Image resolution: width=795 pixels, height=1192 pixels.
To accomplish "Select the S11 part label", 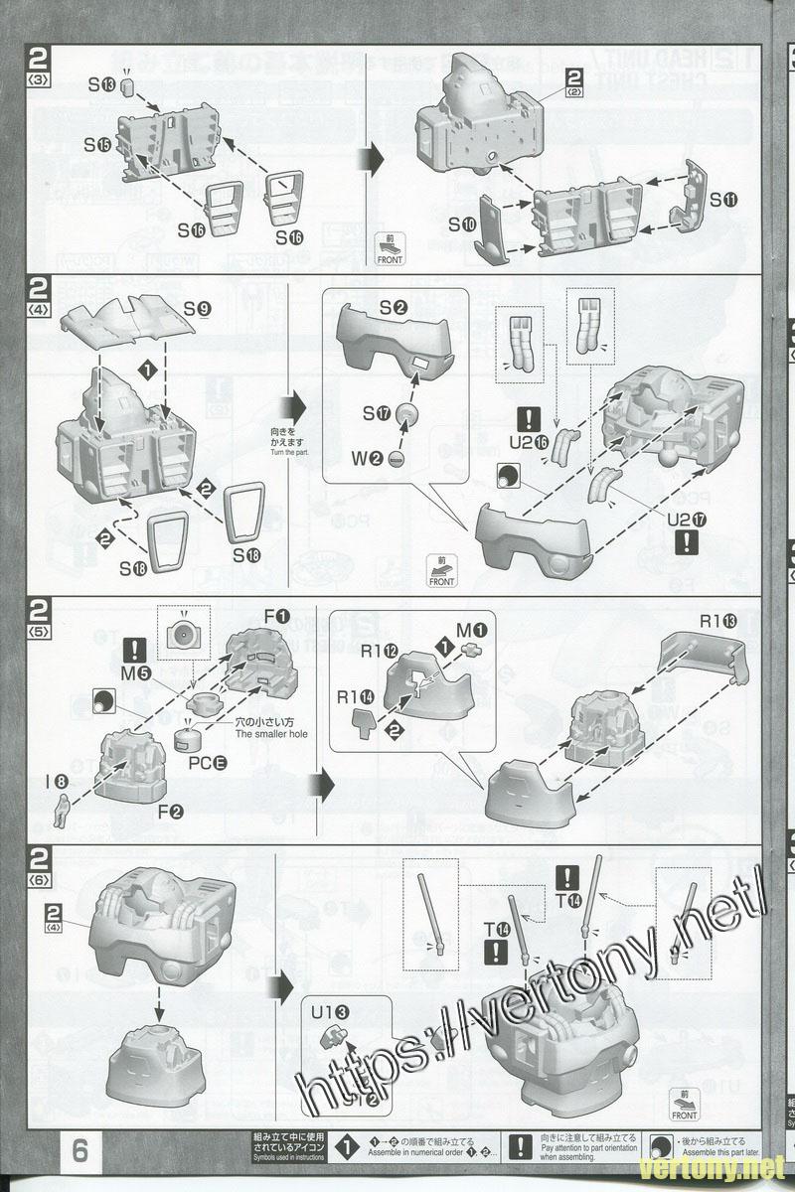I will click(x=723, y=199).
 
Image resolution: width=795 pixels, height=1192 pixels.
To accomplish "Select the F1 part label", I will click(x=277, y=618).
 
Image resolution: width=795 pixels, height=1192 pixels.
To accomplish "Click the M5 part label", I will click(x=136, y=673).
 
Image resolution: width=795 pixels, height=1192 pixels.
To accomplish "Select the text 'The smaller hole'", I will click(x=271, y=733).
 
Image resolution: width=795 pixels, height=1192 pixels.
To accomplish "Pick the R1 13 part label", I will click(x=719, y=622).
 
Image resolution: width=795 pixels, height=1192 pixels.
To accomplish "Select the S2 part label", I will click(x=393, y=308).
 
